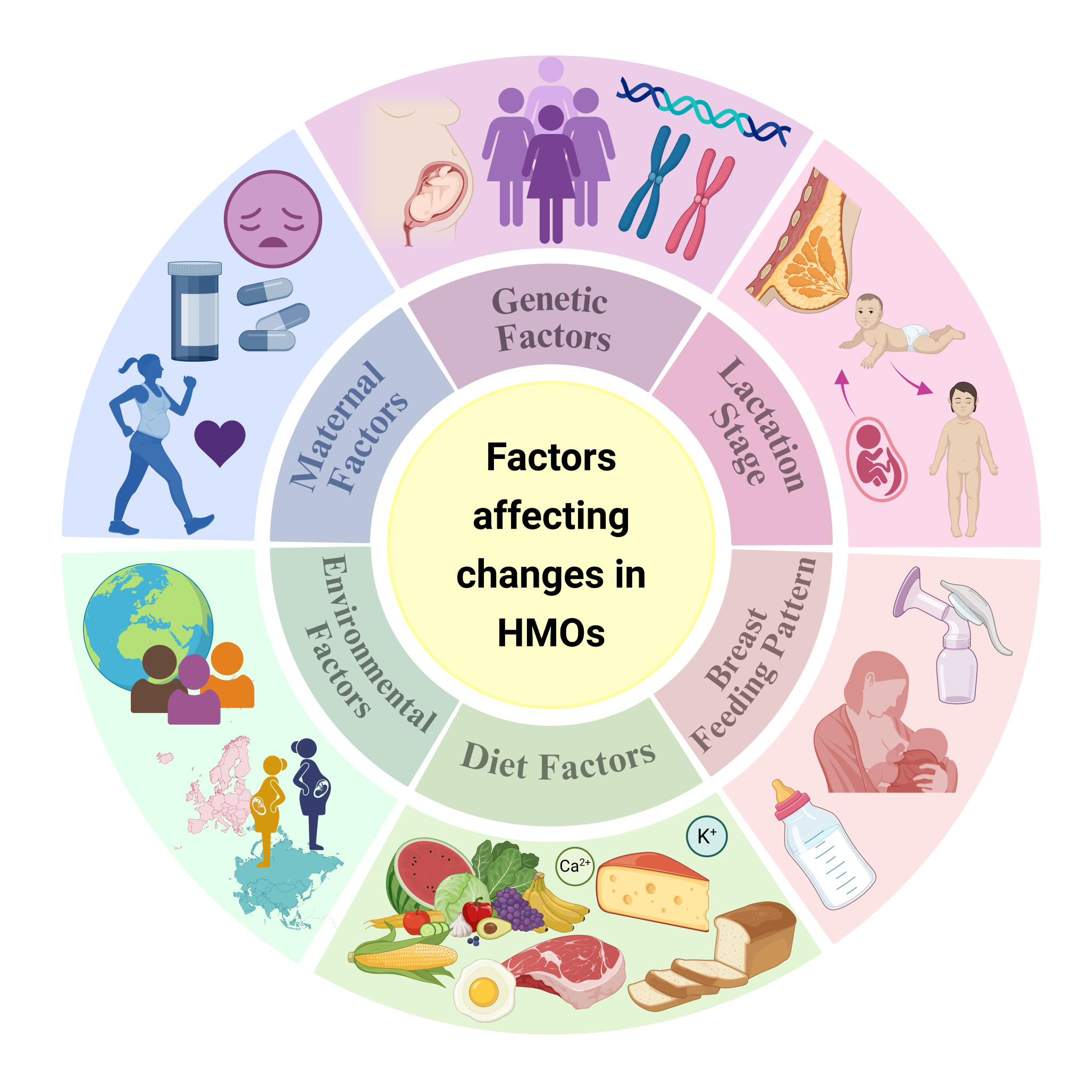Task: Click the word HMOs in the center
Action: (551, 633)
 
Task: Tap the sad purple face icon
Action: (273, 219)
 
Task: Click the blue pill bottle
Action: (195, 311)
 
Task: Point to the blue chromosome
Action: (654, 181)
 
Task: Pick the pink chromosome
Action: (700, 204)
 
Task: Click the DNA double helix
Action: (703, 112)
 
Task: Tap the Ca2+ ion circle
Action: (575, 866)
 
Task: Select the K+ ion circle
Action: (707, 836)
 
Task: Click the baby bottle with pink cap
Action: (823, 844)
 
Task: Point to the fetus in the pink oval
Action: (876, 459)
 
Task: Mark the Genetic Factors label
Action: (552, 319)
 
